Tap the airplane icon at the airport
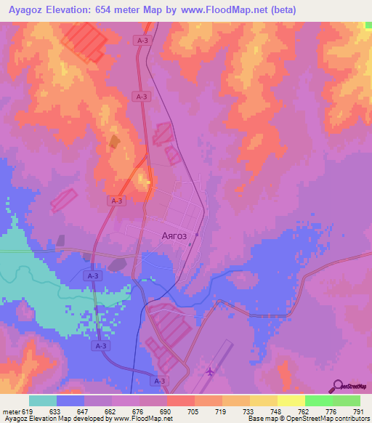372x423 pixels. pyautogui.click(x=211, y=371)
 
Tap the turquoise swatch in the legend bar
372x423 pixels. pyautogui.click(x=43, y=400)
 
